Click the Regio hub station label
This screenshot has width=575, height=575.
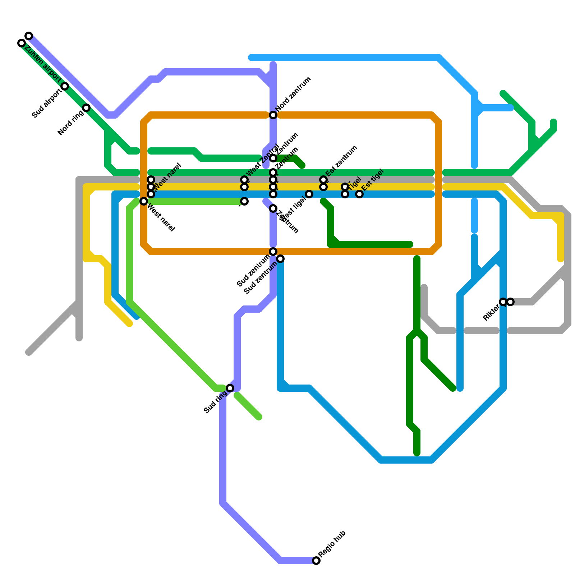332,544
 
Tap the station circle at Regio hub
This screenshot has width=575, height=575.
316,561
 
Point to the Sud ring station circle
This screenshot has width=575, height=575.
230,388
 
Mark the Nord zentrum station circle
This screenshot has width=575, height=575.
273,115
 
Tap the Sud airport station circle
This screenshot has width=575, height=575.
65,86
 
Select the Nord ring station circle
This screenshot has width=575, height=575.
86,108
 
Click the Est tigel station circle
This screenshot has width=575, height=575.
359,194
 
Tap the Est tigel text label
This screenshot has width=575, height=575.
373,180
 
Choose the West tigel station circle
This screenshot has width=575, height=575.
309,194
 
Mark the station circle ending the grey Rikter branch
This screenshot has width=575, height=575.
510,302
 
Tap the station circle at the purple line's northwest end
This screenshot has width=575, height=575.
29,36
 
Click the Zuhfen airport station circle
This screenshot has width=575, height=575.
22,43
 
